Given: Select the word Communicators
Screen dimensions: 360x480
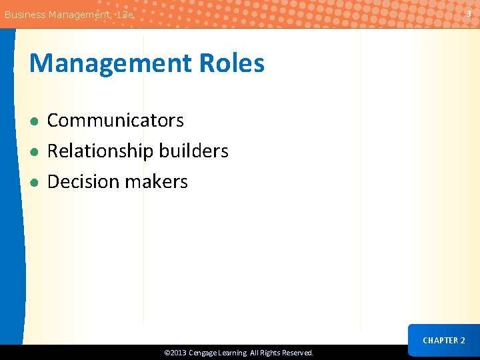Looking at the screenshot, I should coord(115,121).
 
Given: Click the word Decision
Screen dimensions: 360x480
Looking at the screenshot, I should coord(79,182).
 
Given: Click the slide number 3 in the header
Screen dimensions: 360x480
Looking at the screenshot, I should coord(469,13).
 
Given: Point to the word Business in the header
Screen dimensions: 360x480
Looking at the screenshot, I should coord(25,14).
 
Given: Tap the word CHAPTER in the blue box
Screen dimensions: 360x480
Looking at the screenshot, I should coord(439,341).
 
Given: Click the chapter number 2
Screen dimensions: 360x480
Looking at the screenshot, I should coord(463,341).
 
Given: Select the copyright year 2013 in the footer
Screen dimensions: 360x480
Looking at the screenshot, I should coord(178,353).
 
